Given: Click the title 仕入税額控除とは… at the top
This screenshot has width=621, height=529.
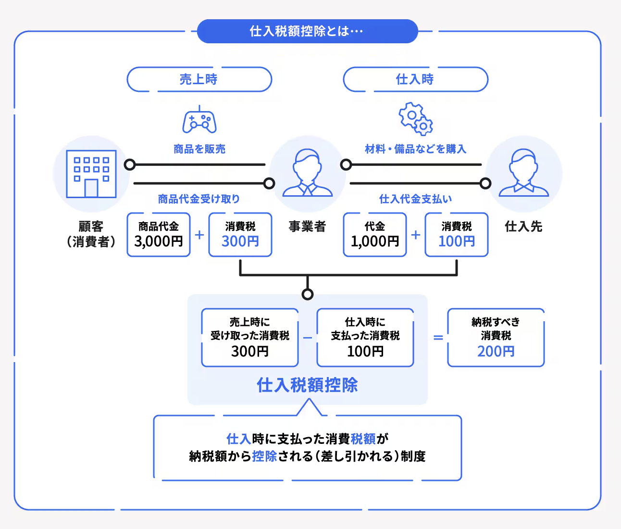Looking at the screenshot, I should [307, 31].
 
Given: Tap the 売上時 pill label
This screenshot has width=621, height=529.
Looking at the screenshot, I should [199, 79].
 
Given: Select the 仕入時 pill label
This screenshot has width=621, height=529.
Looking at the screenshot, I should [415, 79].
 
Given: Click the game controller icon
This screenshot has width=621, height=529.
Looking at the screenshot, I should [199, 121].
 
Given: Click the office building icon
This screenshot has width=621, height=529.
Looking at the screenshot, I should [91, 174].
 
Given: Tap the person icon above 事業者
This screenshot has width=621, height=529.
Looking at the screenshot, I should [308, 173].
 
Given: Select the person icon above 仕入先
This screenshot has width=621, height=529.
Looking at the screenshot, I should [524, 173].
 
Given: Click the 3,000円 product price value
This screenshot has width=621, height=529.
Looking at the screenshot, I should [159, 241].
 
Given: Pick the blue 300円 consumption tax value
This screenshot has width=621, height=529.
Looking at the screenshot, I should [240, 241].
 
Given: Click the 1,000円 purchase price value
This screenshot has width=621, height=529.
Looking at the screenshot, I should [375, 241].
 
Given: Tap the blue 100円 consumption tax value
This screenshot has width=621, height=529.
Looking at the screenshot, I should [457, 241].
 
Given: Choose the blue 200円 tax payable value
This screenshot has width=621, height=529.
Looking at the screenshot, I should [496, 352].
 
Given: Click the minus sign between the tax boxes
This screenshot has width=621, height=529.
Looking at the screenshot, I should [308, 338].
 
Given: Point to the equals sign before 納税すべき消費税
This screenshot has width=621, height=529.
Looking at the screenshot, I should [438, 338].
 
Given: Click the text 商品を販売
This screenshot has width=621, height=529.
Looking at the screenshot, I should [199, 149].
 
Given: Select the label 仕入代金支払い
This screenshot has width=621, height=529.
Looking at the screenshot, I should [416, 199].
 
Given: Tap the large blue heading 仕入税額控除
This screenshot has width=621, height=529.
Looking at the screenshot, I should [307, 385].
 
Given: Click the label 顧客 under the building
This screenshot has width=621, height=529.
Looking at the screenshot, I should [91, 226].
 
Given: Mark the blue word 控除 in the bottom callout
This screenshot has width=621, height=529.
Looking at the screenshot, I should [264, 456].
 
